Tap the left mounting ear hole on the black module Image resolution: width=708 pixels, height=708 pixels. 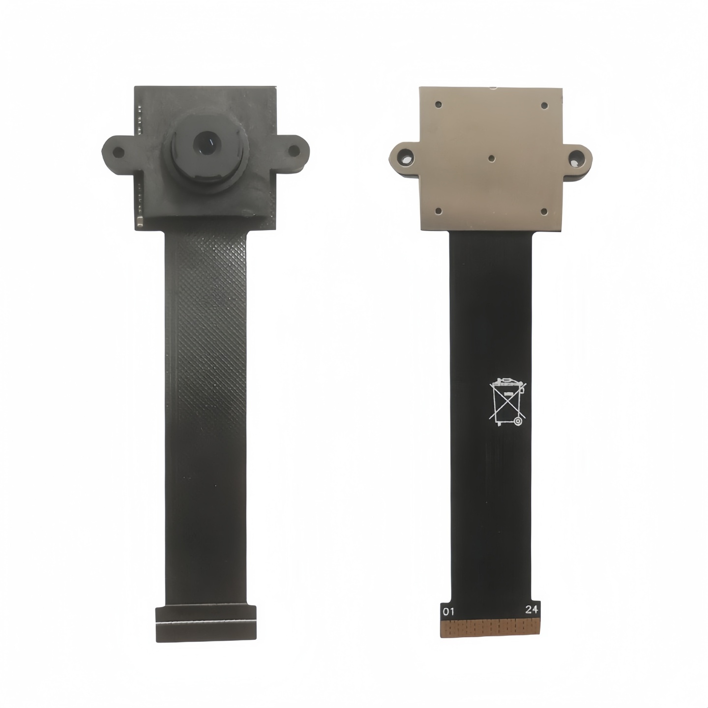(118, 151)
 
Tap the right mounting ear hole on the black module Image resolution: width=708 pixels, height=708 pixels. (293, 150)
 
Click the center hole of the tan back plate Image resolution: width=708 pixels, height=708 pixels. (492, 158)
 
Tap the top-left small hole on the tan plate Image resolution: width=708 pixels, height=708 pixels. (438, 104)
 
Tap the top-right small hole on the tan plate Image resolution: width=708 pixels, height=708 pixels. (544, 105)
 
